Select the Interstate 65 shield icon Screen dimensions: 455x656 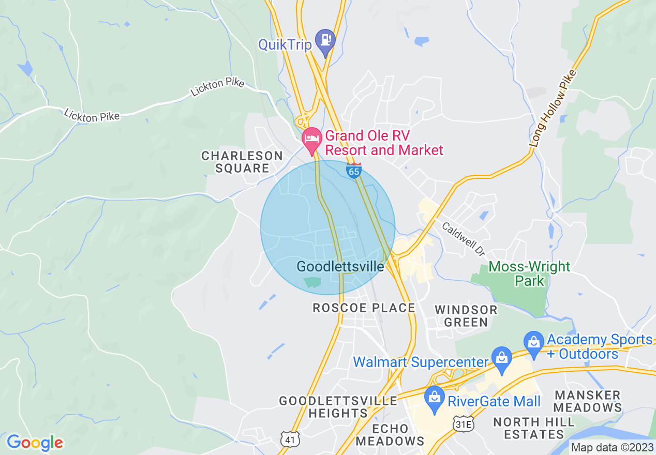(x=354, y=171)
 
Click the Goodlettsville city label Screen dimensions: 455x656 (x=340, y=266)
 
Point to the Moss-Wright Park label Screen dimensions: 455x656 (x=530, y=274)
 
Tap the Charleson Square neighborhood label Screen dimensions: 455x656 (x=242, y=162)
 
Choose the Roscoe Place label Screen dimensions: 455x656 (x=364, y=308)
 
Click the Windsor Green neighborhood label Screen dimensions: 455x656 (x=466, y=316)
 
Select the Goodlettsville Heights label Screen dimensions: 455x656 (x=338, y=407)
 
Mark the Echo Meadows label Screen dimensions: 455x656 (x=390, y=435)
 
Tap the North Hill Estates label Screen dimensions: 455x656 (x=534, y=428)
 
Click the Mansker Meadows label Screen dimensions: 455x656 (x=587, y=401)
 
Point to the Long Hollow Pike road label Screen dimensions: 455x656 (x=553, y=108)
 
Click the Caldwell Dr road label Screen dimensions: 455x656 (x=464, y=239)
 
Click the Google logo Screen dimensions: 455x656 (x=35, y=443)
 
